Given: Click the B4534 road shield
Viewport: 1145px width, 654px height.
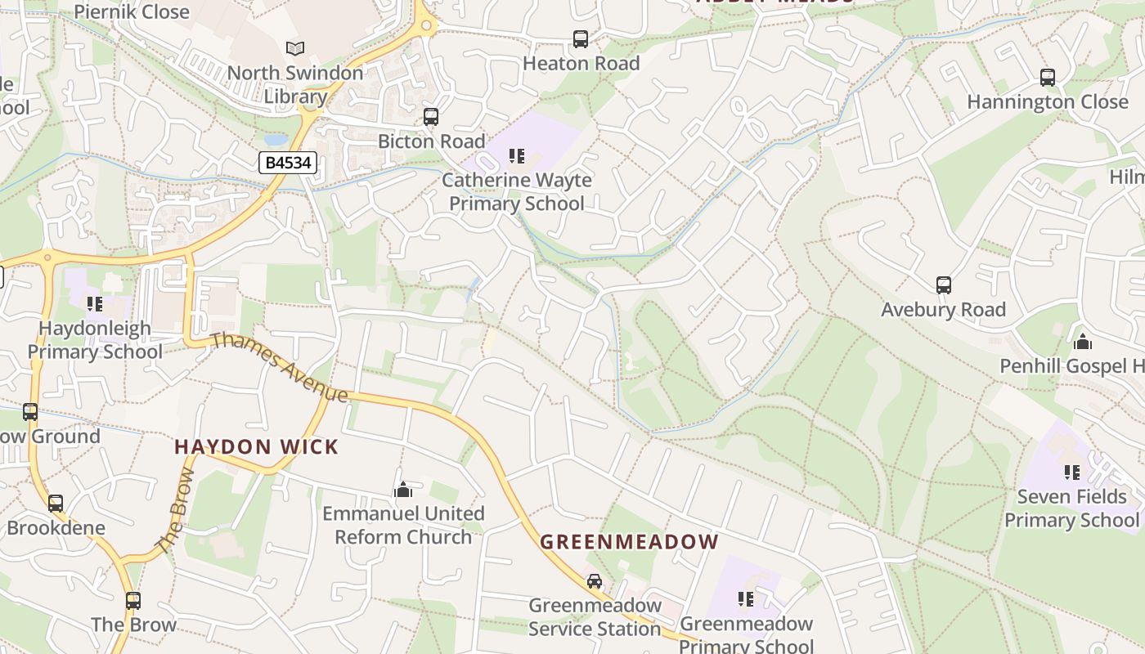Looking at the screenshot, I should pos(289,163).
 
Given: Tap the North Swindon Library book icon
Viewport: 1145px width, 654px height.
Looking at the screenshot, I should pos(295,49).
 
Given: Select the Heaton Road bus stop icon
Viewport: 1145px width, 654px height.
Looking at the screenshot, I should pos(581,38).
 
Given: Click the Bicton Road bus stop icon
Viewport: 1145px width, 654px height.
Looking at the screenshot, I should pos(431,117).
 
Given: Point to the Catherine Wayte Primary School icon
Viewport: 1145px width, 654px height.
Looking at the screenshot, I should pos(516,155).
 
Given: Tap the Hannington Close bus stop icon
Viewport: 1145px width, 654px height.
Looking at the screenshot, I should pos(1048,78).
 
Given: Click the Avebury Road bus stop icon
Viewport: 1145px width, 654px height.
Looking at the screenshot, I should pos(944,285).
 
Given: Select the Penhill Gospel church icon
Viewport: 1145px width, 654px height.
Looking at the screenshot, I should pos(1083,342).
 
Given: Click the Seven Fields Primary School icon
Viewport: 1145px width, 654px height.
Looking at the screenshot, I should pos(1071,472).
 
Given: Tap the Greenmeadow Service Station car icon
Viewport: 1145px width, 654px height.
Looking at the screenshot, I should pos(595,581).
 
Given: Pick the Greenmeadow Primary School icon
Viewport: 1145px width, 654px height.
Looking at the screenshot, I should pos(745,599).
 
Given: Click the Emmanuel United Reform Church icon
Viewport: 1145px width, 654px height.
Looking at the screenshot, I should pos(402,490).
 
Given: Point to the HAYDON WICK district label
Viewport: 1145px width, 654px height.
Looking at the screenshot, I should pos(256,447).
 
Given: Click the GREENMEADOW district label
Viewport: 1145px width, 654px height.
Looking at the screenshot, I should pos(629,542).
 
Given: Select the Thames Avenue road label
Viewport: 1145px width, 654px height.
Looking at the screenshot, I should pos(280,367).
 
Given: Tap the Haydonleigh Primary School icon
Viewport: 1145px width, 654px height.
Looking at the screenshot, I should pos(95,304).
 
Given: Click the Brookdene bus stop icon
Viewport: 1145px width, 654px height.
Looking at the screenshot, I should pos(56,504).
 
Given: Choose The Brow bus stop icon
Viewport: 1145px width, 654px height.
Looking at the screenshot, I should pos(133,601).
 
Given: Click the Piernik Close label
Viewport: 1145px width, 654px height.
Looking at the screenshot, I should pos(132,11).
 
